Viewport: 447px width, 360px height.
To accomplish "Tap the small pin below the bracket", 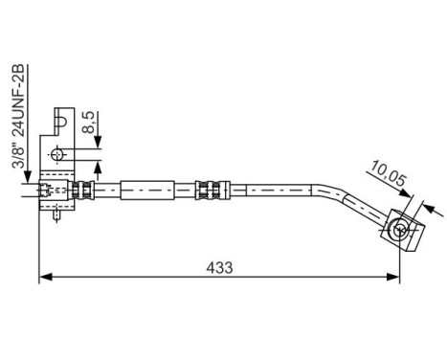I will pos(58,215).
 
